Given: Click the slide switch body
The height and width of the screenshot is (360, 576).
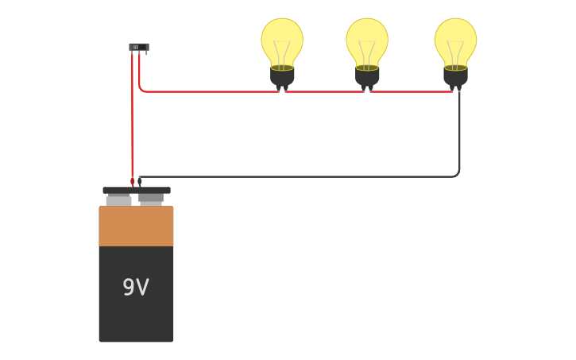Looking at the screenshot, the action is [x=139, y=47].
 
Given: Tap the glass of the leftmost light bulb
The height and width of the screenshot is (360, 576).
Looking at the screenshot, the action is [x=282, y=42].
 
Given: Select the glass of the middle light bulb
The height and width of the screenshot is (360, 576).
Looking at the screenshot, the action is [x=367, y=42].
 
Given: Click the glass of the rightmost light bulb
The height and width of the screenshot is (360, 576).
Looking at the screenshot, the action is [x=455, y=42].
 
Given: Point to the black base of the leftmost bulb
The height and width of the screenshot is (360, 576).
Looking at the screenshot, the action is [x=282, y=77].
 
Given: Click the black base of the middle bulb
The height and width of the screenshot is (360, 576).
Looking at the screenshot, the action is [x=367, y=77].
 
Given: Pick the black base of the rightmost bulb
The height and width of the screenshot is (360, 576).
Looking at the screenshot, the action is [x=455, y=77].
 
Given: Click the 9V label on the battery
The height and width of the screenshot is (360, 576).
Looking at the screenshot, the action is [x=136, y=287].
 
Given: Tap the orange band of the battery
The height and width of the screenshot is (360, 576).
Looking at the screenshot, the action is [x=136, y=226].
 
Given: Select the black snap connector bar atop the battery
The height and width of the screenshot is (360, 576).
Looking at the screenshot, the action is [x=137, y=190].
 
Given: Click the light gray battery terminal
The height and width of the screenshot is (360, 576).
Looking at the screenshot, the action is [x=118, y=201].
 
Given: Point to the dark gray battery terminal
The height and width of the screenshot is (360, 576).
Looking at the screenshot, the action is [x=151, y=199].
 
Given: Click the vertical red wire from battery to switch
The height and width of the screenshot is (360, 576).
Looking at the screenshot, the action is [x=132, y=117].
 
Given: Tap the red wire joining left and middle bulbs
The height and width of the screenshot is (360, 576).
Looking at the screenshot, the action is [x=324, y=91].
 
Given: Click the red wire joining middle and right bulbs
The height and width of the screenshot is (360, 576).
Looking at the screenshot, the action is [x=411, y=91].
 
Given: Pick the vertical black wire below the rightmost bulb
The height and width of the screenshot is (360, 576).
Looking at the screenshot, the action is [x=459, y=132].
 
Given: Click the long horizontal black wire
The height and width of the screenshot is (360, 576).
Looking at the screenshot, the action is [x=298, y=176].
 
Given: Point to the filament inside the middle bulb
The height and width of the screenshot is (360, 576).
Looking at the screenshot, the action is [x=367, y=55].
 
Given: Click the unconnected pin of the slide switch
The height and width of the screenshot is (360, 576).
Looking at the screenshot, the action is [x=146, y=52].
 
